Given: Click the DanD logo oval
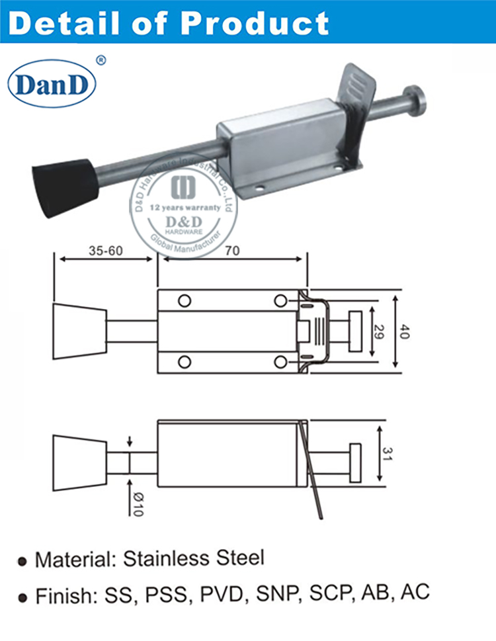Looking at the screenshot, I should coord(52,85).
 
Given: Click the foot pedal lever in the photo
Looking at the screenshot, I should coord(356,93).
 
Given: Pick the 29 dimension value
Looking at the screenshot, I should coord(378,331).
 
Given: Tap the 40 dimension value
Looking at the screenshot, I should coord(405,331).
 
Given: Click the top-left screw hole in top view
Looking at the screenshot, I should coord(185,301).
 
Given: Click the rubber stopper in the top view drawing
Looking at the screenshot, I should coord(79,331).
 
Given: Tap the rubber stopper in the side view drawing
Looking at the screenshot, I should coord(79,462).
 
